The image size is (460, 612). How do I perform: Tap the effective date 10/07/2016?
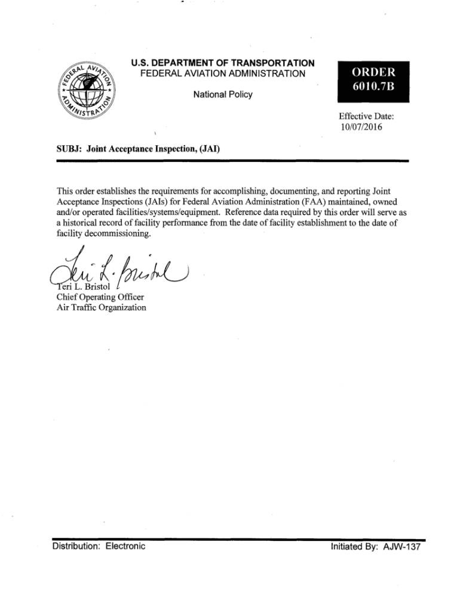(x=360, y=127)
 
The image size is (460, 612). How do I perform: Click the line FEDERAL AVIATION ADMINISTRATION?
(x=222, y=74)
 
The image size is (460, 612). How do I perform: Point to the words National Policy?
(x=223, y=94)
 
